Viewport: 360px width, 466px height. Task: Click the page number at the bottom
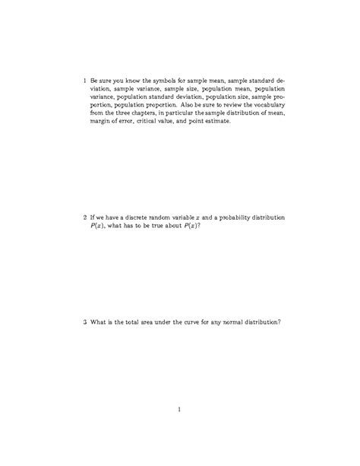(x=179, y=411)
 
